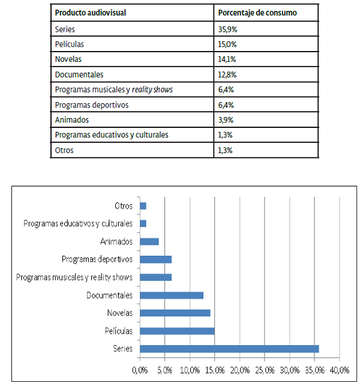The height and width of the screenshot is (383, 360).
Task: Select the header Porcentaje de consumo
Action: pos(257,13)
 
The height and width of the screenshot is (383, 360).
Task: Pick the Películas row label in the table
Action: pos(69,44)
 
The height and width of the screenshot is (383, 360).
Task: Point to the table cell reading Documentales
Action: pos(79,74)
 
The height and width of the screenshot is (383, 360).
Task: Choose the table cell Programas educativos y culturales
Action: pos(111,134)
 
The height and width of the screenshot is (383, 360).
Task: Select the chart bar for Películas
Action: pos(177,331)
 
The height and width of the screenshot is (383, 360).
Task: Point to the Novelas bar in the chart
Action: pos(175,313)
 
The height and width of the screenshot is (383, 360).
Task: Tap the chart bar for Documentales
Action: pos(172,295)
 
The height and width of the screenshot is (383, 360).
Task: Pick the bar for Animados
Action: pos(149,242)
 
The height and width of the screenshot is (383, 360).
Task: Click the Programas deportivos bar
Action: pos(155,259)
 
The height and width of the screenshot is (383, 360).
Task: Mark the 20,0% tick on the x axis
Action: pos(240,368)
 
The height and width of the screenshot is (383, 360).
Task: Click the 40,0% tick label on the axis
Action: pos(340,368)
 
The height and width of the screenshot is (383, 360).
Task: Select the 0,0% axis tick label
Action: pos(139,368)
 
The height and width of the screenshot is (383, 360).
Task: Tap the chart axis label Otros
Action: pos(124,206)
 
